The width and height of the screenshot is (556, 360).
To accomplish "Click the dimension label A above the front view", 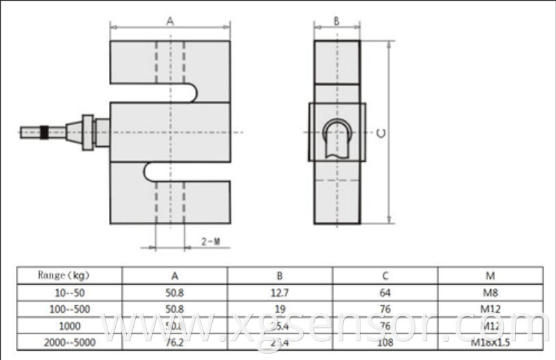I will pos(170,21).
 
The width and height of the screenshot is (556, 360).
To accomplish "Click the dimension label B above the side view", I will pos(336,21).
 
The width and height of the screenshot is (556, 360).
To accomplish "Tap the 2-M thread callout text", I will pos(211,241).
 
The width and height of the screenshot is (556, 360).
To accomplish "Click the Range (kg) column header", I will pos(69,275).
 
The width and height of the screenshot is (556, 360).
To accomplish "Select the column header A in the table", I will pos(175,275).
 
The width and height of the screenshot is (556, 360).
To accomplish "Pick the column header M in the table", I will pos(490,275).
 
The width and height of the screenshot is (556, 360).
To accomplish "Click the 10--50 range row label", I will pos(69,293).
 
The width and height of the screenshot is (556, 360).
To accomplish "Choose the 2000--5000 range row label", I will pos(69,342).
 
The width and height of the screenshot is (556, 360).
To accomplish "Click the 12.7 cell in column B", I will pos(280,293).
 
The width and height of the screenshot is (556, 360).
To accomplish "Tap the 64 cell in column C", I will pos(385,293).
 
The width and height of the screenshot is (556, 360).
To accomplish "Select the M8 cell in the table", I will pos(490,293).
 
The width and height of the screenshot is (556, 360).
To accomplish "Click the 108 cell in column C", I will pos(385,342).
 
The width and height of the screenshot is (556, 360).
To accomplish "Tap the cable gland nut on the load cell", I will pos(88,132).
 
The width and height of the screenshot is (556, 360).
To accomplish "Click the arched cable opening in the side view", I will pos(338,132).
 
